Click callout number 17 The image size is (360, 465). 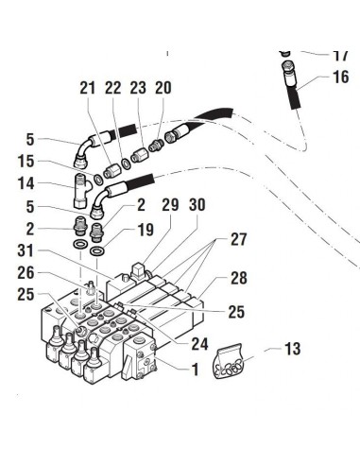tap(341, 56)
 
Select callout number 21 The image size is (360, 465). tap(88, 88)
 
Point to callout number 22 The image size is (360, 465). tap(113, 88)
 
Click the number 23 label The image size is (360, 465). tap(138, 88)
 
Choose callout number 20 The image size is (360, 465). tap(163, 88)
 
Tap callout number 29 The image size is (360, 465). tap(170, 206)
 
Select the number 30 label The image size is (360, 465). tap(197, 206)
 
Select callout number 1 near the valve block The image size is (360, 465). tap(195, 370)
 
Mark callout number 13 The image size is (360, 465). tap(292, 351)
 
